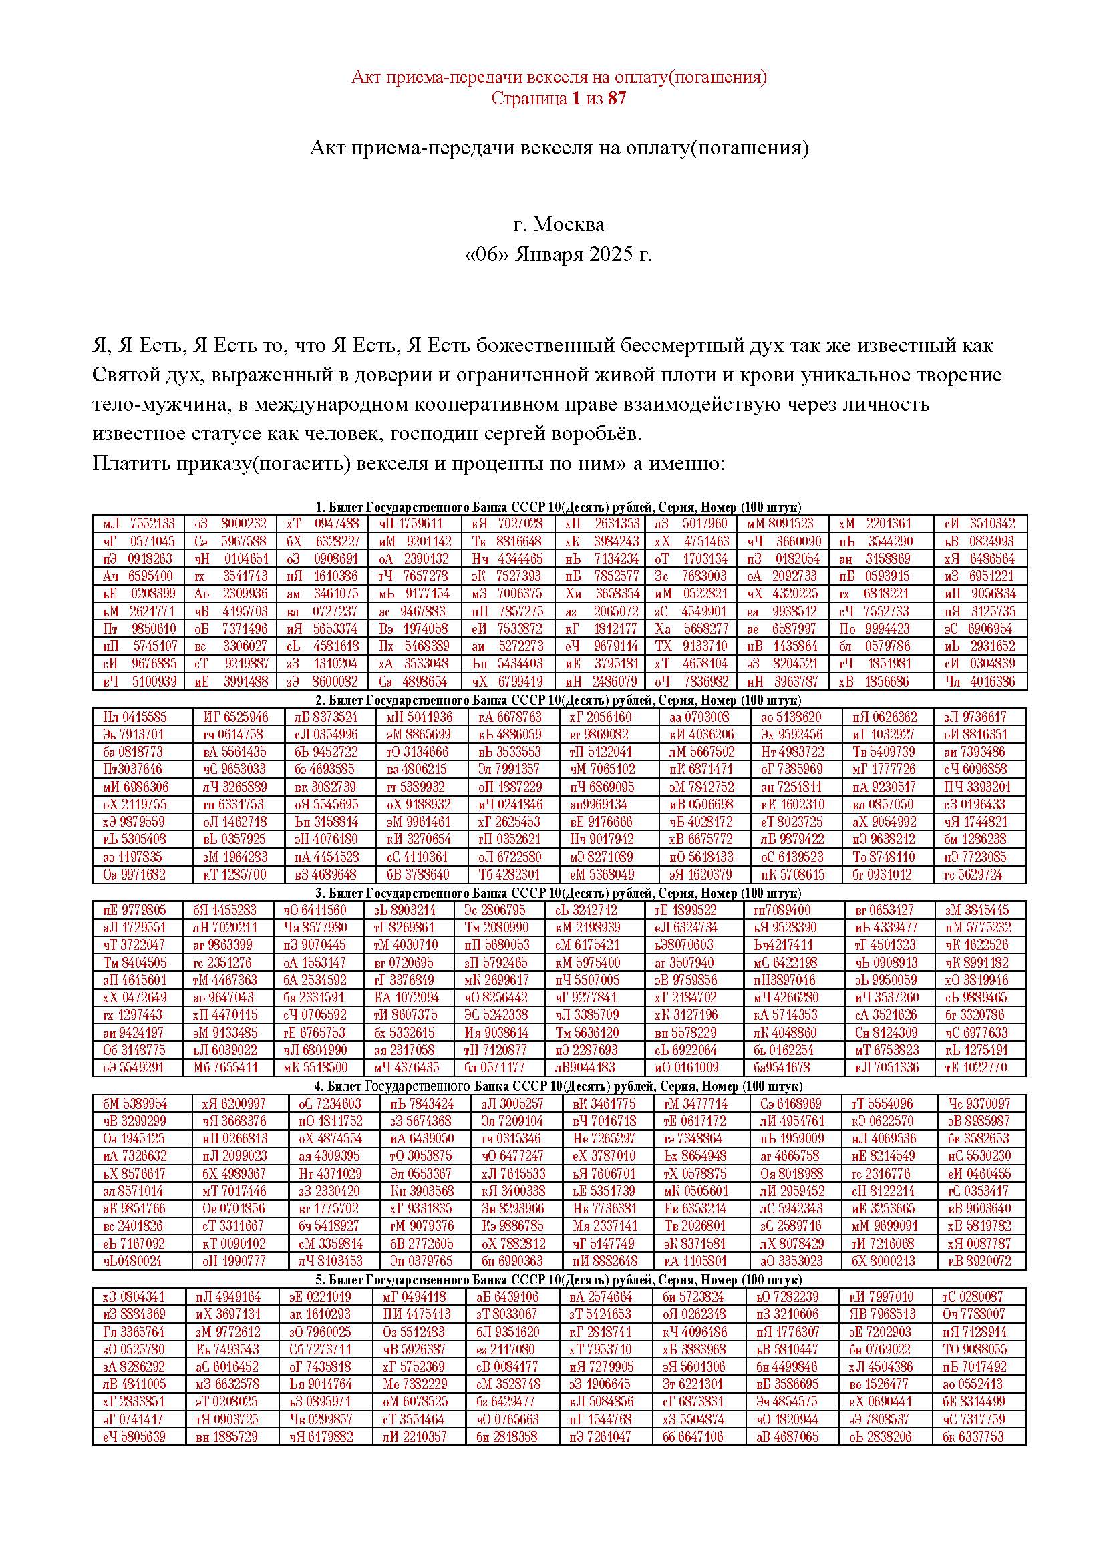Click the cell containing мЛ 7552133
[x=139, y=524]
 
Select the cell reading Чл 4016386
[x=980, y=682]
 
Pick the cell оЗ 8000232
[x=230, y=524]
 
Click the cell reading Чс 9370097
[x=979, y=1103]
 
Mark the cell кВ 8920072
[x=979, y=1261]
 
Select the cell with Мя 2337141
[x=605, y=1226]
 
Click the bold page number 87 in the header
[x=617, y=99]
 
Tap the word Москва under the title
[x=569, y=224]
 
